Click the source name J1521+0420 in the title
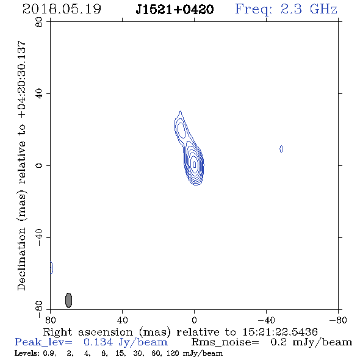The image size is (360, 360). click(175, 10)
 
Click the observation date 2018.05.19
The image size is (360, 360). click(62, 9)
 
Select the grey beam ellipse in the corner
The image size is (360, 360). click(68, 300)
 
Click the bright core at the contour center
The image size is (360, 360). click(195, 164)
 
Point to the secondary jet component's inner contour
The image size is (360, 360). click(181, 130)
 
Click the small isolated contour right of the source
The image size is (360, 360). click(281, 149)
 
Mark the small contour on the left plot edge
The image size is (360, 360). click(52, 267)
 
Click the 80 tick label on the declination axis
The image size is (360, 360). click(39, 23)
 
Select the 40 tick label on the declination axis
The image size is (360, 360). click(39, 94)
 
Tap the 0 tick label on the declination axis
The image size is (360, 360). click(39, 165)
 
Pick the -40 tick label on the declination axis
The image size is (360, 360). click(39, 237)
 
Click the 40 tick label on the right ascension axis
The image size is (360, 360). click(122, 320)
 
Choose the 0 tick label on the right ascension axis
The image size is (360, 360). click(194, 320)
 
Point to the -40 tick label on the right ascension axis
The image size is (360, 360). click(266, 320)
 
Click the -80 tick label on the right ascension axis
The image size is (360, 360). click(338, 320)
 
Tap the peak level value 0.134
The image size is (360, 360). click(98, 342)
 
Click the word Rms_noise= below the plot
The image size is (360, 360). click(225, 342)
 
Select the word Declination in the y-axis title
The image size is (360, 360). click(21, 259)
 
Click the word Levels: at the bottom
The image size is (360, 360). click(24, 353)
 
